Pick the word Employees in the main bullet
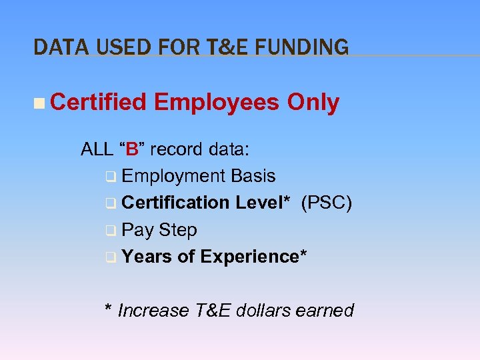(217, 103)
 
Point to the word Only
(313, 103)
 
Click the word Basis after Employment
(253, 176)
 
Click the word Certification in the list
(176, 203)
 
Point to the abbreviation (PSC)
(327, 203)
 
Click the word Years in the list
(147, 257)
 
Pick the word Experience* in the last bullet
(254, 257)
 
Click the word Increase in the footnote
(147, 311)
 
